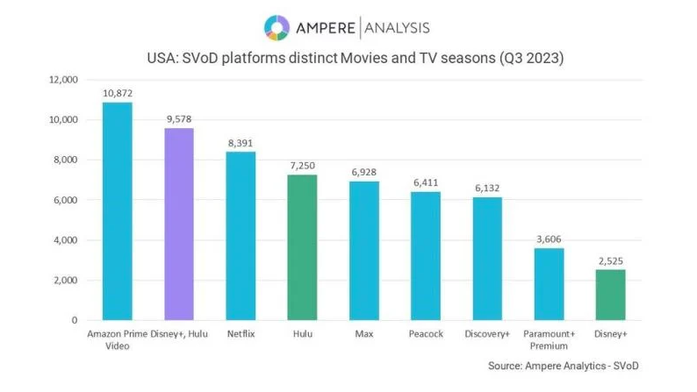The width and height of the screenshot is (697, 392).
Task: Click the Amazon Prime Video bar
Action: click(118, 211)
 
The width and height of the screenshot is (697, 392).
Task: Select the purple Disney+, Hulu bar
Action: click(179, 225)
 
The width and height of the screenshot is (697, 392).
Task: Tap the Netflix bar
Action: click(241, 236)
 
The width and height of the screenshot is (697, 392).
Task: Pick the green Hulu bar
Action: click(303, 247)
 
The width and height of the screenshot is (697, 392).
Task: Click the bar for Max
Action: click(364, 251)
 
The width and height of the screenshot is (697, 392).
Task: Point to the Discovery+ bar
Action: click(487, 259)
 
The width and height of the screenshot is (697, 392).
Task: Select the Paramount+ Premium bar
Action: click(550, 284)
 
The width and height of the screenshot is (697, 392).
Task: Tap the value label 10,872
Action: click(118, 93)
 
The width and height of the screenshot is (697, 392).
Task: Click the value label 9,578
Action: click(179, 119)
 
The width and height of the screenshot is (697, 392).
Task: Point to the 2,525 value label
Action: click(611, 260)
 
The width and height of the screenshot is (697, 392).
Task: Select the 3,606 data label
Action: click(550, 239)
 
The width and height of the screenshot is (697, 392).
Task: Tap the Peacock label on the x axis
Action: click(426, 334)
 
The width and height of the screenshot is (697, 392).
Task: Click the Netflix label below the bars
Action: click(241, 334)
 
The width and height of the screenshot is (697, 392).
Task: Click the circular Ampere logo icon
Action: click(276, 27)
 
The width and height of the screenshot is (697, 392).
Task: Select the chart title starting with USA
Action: click(348, 61)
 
